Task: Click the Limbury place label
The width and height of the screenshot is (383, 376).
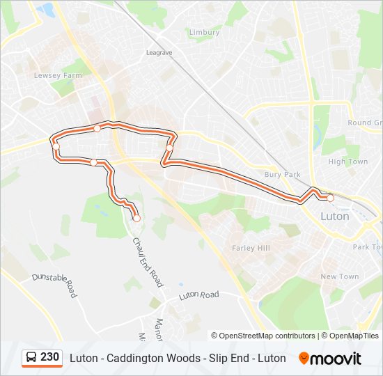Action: click(x=204, y=33)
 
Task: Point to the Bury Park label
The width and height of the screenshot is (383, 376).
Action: click(x=281, y=175)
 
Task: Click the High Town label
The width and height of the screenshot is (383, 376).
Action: click(x=347, y=162)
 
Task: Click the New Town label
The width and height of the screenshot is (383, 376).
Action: click(x=340, y=276)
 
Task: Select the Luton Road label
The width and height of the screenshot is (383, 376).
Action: click(x=198, y=295)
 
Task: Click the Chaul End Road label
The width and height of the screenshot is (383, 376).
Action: click(x=148, y=262)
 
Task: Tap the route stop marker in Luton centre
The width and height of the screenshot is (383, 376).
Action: click(x=331, y=198)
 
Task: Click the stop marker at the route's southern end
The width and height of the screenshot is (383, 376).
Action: click(x=136, y=218)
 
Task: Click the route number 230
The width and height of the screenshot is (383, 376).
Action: click(x=50, y=357)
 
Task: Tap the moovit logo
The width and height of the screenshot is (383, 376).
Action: click(x=330, y=359)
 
